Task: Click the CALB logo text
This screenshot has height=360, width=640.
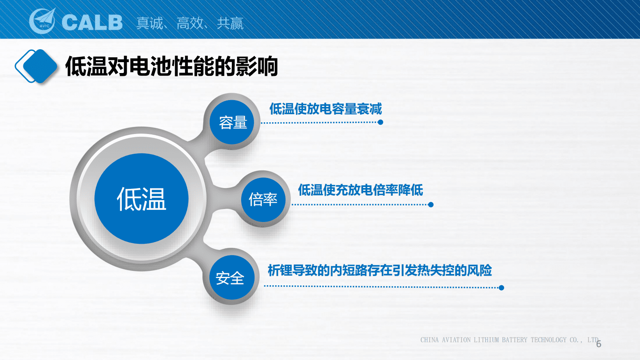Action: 92,23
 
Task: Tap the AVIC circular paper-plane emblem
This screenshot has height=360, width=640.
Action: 43,21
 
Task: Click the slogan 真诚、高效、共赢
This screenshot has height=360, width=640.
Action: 190,23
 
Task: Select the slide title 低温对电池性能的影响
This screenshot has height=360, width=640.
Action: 172,67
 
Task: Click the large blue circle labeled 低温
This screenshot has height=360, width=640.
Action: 142,199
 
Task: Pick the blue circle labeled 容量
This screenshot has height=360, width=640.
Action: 233,122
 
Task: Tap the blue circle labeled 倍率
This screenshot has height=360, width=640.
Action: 263,199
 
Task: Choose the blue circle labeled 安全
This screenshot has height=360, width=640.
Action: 230,278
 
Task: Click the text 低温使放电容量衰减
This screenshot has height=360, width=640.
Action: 325,109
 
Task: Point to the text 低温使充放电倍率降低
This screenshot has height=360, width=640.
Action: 361,190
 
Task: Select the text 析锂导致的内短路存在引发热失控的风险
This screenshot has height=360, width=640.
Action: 379,270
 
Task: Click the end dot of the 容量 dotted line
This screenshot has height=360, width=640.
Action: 380,122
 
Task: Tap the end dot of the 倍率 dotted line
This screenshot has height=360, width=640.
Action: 431,205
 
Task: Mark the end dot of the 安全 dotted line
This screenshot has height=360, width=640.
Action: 501,288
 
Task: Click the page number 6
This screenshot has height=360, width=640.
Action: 599,344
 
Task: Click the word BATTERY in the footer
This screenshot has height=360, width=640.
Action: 515,340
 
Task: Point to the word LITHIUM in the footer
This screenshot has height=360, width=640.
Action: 486,340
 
